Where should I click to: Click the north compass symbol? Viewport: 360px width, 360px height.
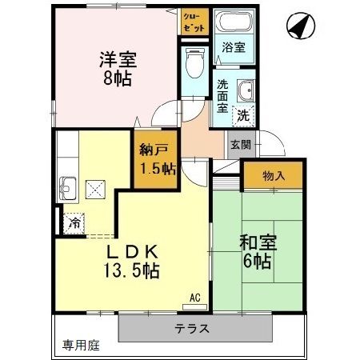297,28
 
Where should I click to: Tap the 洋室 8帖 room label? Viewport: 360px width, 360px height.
116,69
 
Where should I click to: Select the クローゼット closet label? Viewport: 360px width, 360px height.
193,20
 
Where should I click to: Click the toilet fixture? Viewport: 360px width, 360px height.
193,61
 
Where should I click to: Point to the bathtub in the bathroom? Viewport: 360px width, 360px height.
236,25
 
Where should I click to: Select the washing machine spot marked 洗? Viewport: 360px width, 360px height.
243,114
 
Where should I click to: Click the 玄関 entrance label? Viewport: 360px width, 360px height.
239,145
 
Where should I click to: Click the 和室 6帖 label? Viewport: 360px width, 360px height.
255,251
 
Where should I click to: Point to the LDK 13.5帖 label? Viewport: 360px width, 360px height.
132,261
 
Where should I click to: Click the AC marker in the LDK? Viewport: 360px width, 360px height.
194,298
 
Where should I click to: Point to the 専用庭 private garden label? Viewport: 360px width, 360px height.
81,346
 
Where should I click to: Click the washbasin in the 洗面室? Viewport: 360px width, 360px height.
246,90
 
